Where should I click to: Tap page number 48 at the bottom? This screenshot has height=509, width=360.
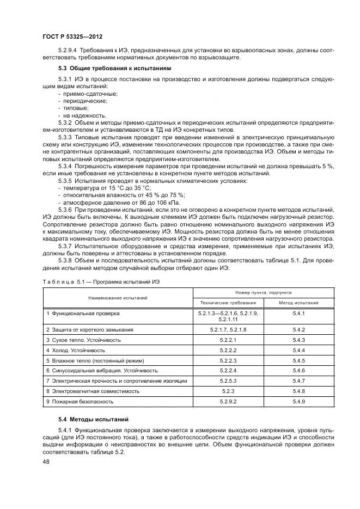(47, 461)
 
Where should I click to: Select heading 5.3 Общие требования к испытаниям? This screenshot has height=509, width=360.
(114, 69)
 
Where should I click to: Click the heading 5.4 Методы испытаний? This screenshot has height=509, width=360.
(93, 419)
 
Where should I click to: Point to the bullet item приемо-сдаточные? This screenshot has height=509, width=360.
(89, 94)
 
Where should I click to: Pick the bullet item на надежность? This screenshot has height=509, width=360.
(86, 115)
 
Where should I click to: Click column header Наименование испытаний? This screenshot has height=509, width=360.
(118, 298)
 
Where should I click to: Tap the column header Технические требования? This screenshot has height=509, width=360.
(228, 303)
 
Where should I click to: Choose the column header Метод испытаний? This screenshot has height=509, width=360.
(298, 303)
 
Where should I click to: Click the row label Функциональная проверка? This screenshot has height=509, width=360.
(83, 314)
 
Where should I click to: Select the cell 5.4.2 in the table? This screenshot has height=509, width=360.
(298, 330)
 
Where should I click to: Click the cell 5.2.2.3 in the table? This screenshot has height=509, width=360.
(228, 360)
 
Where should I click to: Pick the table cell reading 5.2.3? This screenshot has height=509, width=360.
(228, 391)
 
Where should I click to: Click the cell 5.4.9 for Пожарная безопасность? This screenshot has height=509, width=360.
(298, 401)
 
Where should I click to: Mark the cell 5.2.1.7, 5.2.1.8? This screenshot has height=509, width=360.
(228, 330)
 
